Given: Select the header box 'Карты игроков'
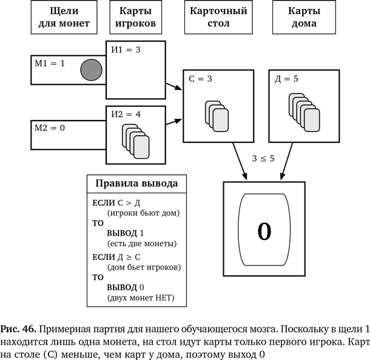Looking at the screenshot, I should (135, 18).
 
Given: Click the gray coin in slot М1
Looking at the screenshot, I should (91, 69).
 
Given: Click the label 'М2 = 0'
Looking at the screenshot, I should (50, 128).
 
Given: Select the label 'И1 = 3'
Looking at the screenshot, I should (126, 50).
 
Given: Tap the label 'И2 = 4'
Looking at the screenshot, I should (126, 114).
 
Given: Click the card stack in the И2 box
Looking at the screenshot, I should (136, 141).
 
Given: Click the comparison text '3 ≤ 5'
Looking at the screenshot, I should (263, 159).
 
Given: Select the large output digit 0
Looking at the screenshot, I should (264, 231).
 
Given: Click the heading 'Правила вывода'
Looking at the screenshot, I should (136, 183).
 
